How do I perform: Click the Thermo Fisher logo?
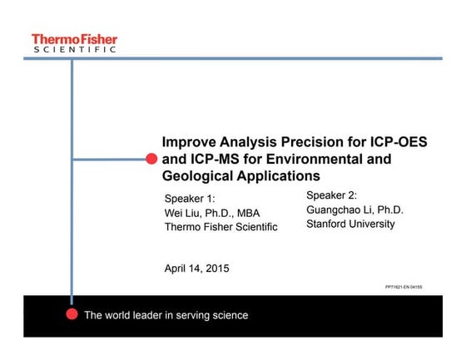(x=74, y=39)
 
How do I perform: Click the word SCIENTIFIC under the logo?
(x=74, y=50)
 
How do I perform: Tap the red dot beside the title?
(x=151, y=158)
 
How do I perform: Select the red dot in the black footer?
(x=72, y=314)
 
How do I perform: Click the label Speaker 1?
(x=191, y=199)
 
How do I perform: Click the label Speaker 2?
(x=332, y=195)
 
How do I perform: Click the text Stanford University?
(x=350, y=224)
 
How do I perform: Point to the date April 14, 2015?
(x=196, y=268)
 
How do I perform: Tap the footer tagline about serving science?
(x=166, y=315)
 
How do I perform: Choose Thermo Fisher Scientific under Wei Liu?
(x=221, y=227)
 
